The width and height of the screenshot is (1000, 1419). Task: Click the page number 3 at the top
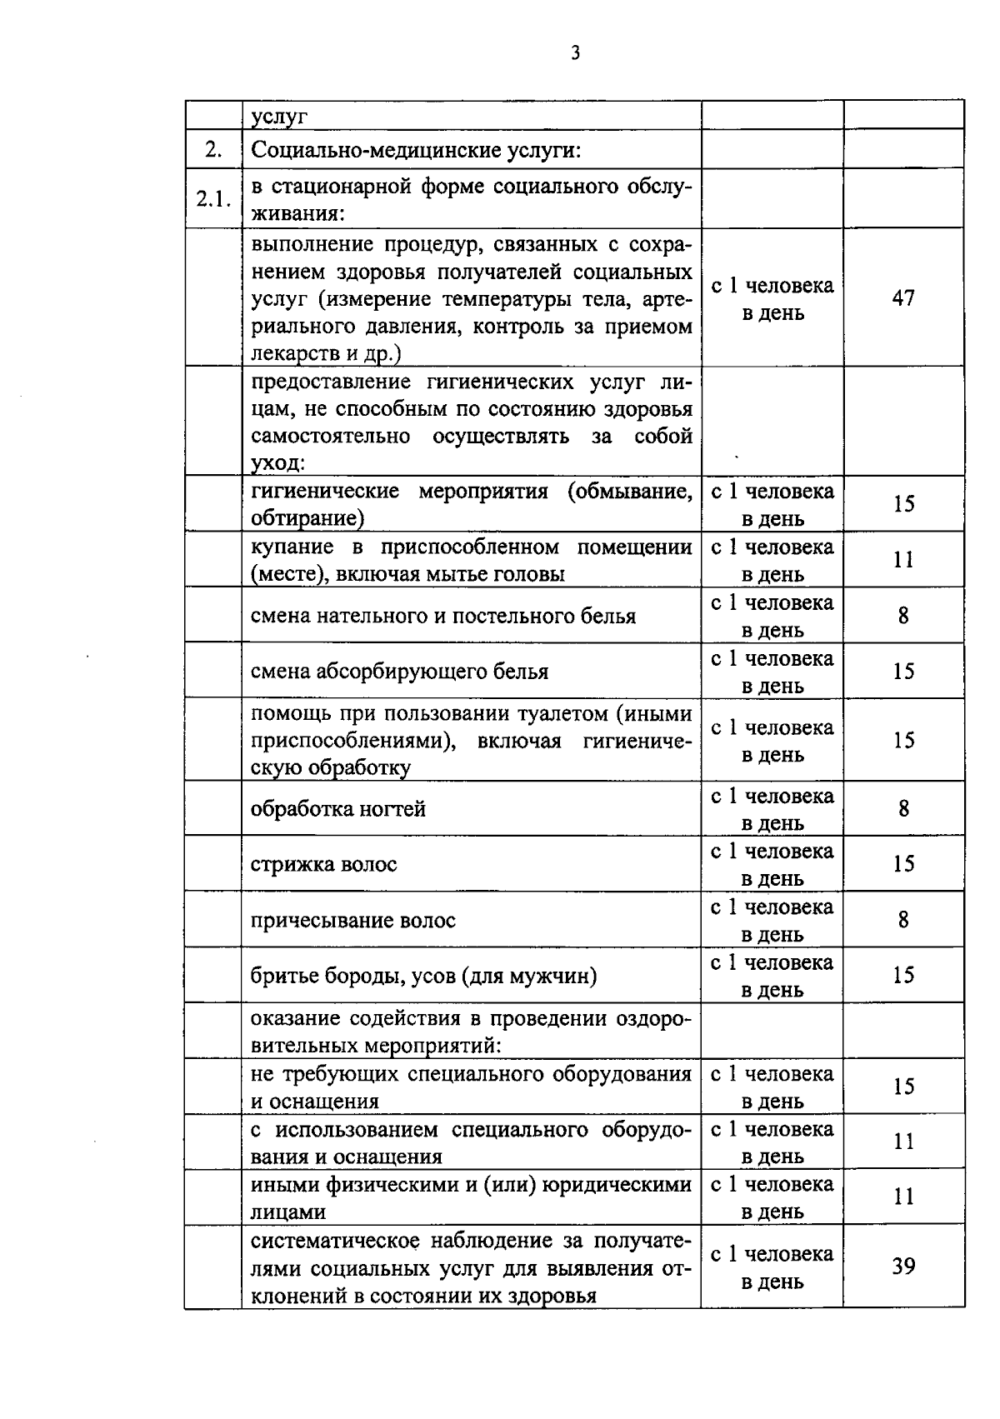(x=575, y=53)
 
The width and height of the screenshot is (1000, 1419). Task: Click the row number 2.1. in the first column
(x=213, y=199)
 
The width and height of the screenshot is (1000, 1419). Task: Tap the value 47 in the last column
(x=903, y=297)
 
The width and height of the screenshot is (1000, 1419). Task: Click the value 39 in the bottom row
(x=903, y=1267)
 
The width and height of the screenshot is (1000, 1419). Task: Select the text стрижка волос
(x=324, y=864)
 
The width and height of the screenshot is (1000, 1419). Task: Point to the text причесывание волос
(x=353, y=920)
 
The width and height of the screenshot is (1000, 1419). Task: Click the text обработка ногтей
(x=338, y=809)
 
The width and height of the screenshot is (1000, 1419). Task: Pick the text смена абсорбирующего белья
(x=400, y=671)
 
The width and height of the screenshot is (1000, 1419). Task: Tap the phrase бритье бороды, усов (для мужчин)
(x=423, y=976)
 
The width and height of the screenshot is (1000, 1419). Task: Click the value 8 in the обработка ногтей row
(x=903, y=809)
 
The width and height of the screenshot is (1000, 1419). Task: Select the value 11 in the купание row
(x=903, y=560)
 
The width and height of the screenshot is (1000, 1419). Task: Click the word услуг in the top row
(x=279, y=117)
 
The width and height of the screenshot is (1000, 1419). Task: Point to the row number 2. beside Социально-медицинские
(x=213, y=150)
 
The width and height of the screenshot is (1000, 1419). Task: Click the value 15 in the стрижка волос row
(x=903, y=864)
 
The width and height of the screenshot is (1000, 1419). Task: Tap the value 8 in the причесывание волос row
(x=903, y=920)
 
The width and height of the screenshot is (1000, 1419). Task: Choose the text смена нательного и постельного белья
(x=443, y=616)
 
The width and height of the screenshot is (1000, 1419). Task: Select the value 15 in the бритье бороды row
(x=903, y=976)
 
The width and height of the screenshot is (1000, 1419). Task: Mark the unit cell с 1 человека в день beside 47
(x=772, y=299)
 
